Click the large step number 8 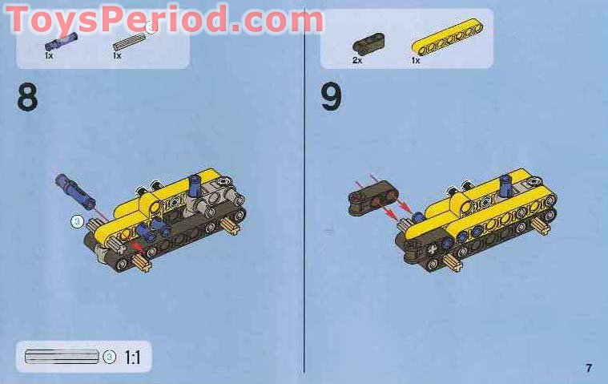click(27, 97)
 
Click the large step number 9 click(331, 97)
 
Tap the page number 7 click(589, 368)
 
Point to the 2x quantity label click(356, 60)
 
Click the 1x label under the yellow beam click(416, 60)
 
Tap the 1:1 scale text click(132, 358)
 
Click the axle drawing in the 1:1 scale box click(62, 357)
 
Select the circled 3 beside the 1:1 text click(109, 358)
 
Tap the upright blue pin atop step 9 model click(505, 185)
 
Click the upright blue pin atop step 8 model click(194, 185)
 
